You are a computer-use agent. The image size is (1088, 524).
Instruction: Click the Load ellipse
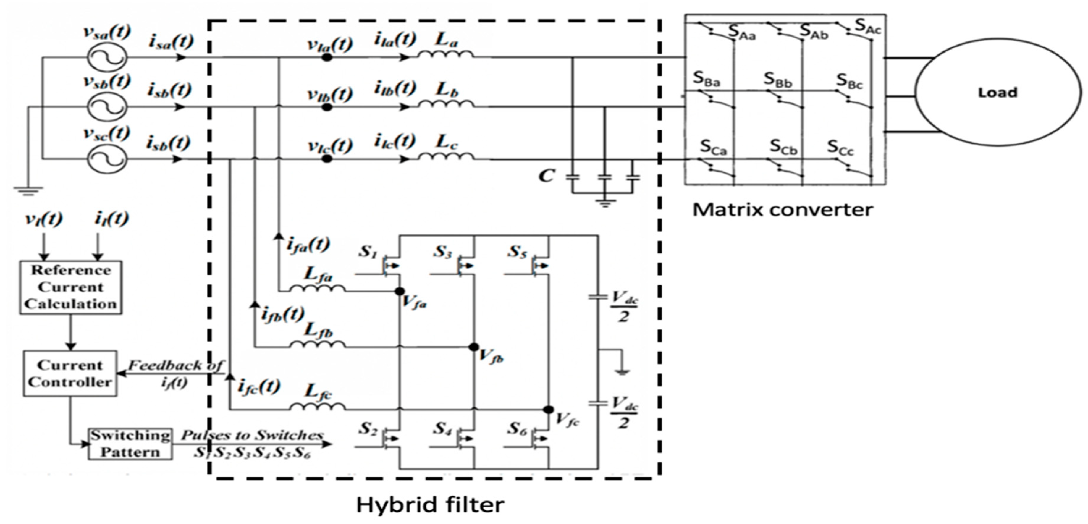click(998, 92)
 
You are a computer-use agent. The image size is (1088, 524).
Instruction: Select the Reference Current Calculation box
click(71, 287)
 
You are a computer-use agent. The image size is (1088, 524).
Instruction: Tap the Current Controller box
click(70, 373)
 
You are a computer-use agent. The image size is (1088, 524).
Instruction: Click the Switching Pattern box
click(130, 444)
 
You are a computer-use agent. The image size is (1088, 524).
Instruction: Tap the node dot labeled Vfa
click(399, 291)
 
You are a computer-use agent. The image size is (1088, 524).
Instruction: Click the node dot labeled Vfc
click(548, 410)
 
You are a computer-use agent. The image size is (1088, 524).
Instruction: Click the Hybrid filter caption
click(430, 504)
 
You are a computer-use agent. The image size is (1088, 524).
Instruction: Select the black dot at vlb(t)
click(327, 107)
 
